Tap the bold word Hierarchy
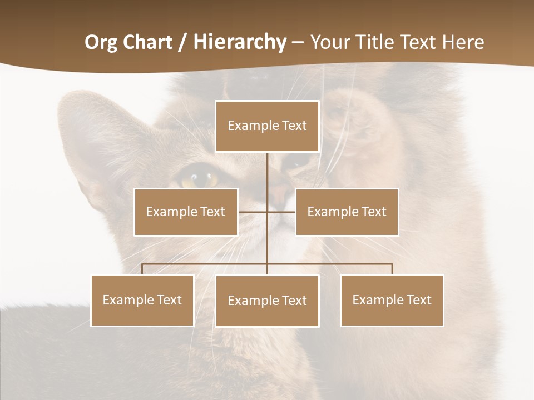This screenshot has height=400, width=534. click(x=240, y=42)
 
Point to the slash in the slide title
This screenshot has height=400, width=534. click(x=182, y=42)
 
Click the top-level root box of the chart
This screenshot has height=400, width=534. click(x=267, y=126)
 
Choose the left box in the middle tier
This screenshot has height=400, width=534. click(x=186, y=212)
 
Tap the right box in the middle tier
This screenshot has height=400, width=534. click(x=347, y=212)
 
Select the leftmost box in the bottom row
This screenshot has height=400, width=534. click(x=142, y=300)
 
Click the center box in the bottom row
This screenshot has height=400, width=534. click(x=267, y=301)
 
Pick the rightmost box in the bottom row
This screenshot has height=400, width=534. click(x=392, y=300)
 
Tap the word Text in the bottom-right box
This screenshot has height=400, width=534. click(x=418, y=300)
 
